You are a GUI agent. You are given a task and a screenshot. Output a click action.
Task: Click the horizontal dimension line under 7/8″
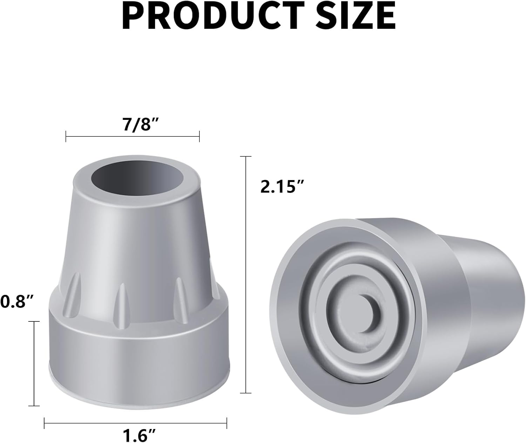coord(133,136)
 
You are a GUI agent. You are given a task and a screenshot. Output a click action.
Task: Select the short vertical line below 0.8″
coord(34,363)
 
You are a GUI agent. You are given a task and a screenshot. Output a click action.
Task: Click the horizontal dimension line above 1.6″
coord(135,423)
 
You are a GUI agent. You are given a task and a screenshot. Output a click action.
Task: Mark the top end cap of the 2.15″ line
coord(246,156)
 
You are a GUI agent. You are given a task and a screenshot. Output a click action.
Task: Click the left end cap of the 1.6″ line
coord(45,423)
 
